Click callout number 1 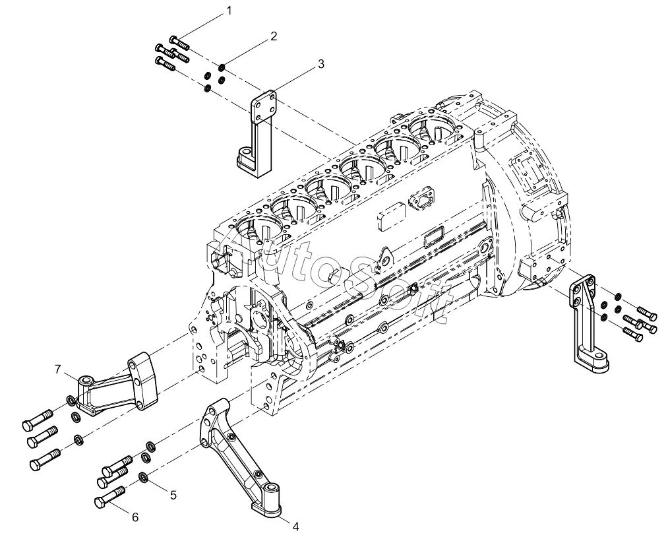point(229,11)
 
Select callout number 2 point(273,36)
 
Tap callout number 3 point(320,64)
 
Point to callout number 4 point(295,527)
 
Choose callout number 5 point(173,495)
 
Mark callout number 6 point(135,517)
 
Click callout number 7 point(59,370)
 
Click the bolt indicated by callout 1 point(179,42)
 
